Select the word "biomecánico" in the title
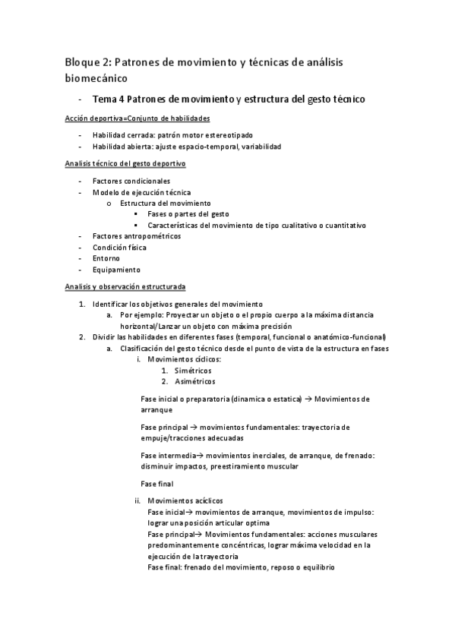pos(96,77)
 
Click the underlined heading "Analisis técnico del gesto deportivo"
pos(125,164)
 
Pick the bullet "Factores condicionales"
pos(131,181)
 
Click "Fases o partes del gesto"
pos(188,214)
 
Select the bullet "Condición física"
pos(119,247)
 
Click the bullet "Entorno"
pos(106,258)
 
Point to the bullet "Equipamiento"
pos(116,269)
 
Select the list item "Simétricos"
pos(194,370)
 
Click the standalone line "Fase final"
pos(157,483)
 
